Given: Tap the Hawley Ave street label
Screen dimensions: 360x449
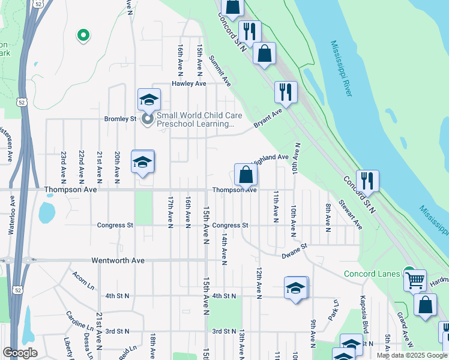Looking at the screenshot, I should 188,83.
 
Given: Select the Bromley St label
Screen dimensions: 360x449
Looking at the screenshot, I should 121,119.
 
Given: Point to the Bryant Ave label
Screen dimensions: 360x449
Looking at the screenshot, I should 267,118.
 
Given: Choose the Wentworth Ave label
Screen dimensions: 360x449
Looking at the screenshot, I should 118,261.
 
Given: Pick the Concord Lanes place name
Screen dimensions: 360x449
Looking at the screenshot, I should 372,274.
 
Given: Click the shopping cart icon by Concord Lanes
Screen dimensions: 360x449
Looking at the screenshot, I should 415,280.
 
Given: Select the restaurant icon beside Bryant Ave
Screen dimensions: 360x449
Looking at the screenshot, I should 286,92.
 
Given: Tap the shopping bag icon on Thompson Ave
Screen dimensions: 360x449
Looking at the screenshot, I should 246,175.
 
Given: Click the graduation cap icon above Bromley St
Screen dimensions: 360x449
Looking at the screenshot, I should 149,99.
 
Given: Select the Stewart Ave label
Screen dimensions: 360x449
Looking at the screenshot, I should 351,214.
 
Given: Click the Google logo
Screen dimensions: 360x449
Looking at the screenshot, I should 20,353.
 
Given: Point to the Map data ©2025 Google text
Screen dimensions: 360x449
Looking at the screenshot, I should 411,355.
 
